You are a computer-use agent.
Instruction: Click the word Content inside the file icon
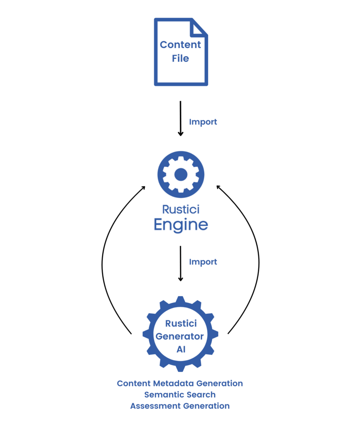click(x=180, y=45)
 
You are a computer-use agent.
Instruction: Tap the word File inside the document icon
click(x=180, y=58)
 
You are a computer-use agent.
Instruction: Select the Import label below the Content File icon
click(x=203, y=122)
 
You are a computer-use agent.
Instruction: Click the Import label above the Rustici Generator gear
click(x=203, y=262)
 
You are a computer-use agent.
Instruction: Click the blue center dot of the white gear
click(x=180, y=174)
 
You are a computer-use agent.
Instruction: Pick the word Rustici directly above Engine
click(x=181, y=209)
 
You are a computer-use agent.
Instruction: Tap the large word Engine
click(x=181, y=225)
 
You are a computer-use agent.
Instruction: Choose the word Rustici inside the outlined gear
click(x=180, y=323)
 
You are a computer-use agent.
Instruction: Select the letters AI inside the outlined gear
click(x=181, y=349)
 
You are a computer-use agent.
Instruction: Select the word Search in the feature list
click(x=200, y=395)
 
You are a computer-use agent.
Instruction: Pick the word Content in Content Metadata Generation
click(x=134, y=383)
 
